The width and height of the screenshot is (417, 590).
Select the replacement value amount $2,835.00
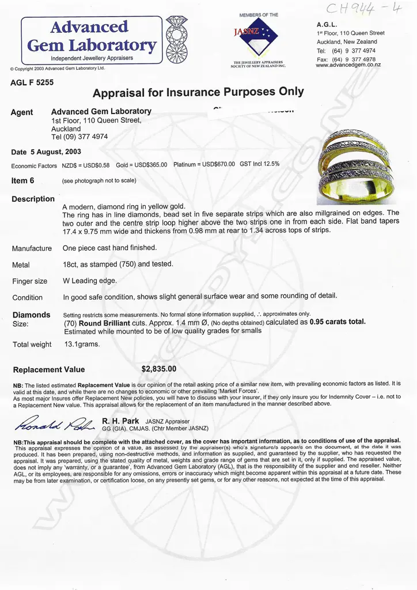coord(159,369)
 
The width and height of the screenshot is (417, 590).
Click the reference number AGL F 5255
coord(32,82)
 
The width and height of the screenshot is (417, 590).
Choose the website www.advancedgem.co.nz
coord(348,65)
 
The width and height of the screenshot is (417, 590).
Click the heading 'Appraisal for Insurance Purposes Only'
coord(198,93)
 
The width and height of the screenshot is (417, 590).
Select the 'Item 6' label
coord(23,180)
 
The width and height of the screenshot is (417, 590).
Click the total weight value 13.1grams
coord(82,345)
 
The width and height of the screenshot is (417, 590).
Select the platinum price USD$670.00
coord(218,165)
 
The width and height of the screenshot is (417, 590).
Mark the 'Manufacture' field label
coord(32,249)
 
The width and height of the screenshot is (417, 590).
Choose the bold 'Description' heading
coord(33,199)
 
